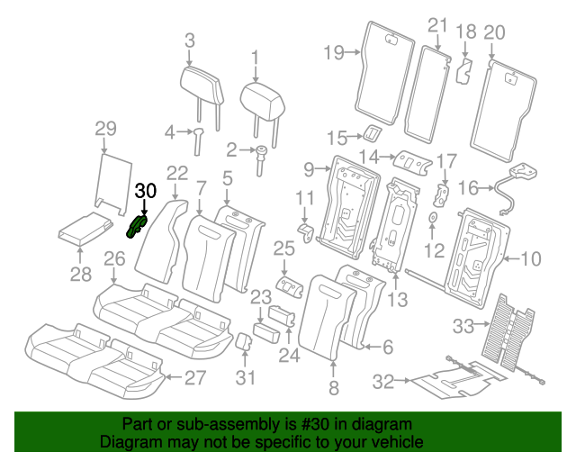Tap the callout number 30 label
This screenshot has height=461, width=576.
145,191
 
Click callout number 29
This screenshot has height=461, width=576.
106,128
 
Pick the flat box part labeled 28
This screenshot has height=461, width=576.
84,232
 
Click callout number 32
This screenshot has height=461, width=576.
384,382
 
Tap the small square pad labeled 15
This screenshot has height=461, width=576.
369,134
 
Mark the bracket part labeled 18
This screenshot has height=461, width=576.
465,70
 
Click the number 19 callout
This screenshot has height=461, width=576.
333,52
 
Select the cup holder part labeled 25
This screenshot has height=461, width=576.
288,285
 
